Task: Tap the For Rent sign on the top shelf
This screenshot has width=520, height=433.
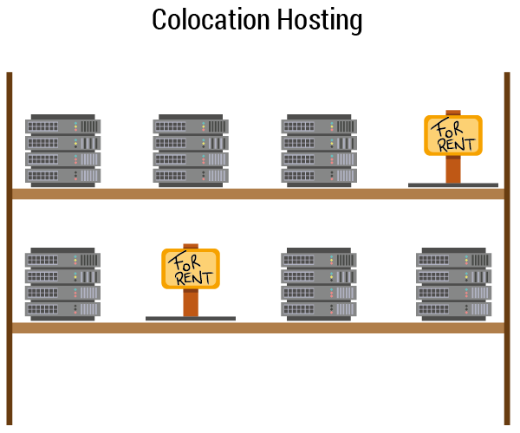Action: tap(452, 135)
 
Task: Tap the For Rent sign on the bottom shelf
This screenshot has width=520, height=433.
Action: tap(191, 268)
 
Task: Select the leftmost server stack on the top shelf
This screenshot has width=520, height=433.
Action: tap(62, 149)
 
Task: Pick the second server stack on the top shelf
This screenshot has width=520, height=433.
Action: tap(191, 149)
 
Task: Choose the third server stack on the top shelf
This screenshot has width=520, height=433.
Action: tap(319, 149)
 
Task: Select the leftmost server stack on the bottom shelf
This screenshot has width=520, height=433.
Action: tap(62, 284)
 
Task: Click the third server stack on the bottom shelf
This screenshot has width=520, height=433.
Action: tap(319, 284)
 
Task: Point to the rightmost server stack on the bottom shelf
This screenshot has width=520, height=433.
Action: tap(455, 284)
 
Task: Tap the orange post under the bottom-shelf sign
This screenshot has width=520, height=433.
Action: tap(191, 302)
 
